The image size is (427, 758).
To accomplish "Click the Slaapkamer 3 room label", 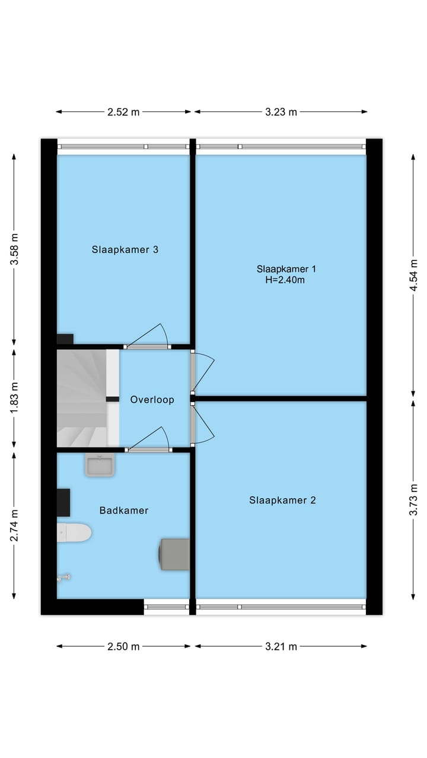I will tap(125, 249).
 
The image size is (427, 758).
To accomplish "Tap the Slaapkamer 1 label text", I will tap(286, 269).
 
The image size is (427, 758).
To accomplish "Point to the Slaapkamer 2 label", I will tap(282, 500).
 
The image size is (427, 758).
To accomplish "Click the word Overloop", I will tap(152, 400).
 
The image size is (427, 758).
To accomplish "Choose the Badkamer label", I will tap(124, 510).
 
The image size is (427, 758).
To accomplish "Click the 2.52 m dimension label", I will tap(123, 112).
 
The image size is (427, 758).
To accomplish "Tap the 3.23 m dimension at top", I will tap(281, 112).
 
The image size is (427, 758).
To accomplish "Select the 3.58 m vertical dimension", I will tap(15, 249).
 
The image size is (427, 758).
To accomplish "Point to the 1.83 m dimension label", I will tap(15, 397).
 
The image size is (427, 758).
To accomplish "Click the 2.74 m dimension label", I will tap(15, 525).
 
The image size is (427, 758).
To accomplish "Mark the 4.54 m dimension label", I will tap(415, 275).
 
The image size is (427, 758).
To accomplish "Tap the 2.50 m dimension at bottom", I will tap(123, 647).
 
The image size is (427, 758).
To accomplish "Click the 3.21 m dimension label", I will tap(281, 647).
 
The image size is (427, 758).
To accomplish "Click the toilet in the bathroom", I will tap(74, 532).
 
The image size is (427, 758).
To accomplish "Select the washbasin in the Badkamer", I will tap(100, 465).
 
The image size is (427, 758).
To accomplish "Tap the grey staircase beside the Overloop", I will tap(81, 398).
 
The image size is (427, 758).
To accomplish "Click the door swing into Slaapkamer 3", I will tap(148, 336).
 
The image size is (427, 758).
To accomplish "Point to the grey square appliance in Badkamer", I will tap(175, 554).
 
